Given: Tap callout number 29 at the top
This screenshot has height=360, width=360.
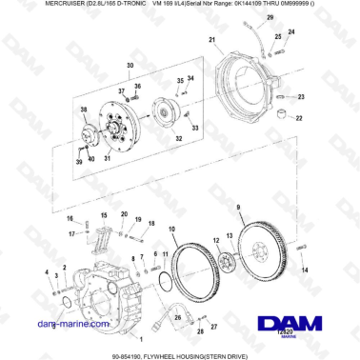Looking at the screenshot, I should [x=269, y=19].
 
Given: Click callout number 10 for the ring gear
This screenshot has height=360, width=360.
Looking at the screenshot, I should [x=171, y=230].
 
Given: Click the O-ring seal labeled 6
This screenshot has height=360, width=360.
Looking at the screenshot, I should [x=66, y=302].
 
